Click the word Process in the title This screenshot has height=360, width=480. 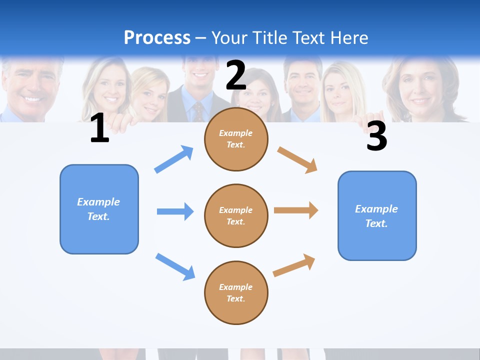(x=157, y=37)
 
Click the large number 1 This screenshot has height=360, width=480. (x=99, y=128)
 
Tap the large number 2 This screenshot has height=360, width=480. (x=236, y=75)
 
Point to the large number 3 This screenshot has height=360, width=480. (x=376, y=136)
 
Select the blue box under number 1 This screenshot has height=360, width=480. (x=99, y=209)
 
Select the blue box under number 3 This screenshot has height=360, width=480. (x=377, y=215)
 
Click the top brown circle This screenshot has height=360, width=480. (x=236, y=139)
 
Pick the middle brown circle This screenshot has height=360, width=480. (x=236, y=215)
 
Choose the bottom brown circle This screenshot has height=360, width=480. (x=236, y=292)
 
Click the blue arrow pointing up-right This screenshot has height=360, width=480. (x=174, y=159)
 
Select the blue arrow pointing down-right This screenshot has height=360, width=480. (x=175, y=266)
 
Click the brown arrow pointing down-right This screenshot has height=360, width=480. (x=297, y=159)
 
